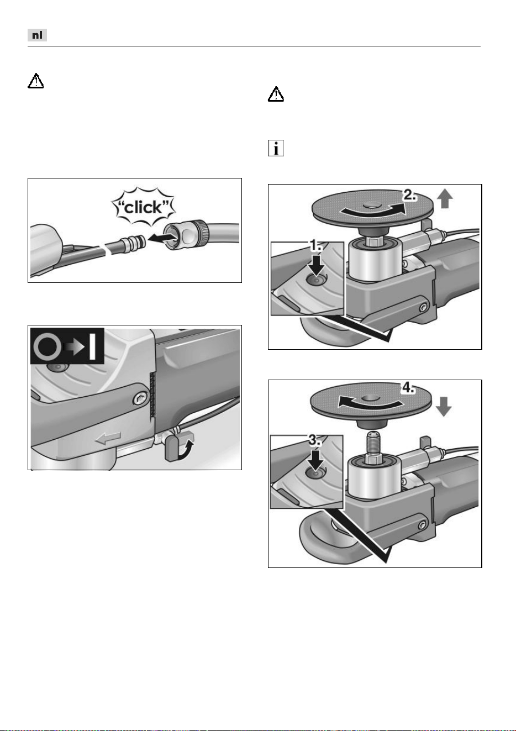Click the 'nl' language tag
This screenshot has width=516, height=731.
coord(37,35)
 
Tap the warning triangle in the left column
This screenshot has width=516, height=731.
coord(35,81)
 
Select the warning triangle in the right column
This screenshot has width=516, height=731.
coord(276,94)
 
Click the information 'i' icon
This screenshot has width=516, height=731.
coord(276,148)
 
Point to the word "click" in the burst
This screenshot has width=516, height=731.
coord(144,207)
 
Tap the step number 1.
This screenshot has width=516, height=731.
coord(315,245)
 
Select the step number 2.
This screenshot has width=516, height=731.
coord(410,195)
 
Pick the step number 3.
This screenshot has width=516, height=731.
coord(315,440)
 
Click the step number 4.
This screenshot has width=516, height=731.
coord(408,388)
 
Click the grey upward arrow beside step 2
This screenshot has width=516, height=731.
coord(444,198)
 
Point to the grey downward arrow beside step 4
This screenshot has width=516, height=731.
coord(444,407)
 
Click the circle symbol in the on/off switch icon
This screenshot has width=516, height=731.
coord(48,346)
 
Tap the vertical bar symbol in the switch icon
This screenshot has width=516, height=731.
coord(92,346)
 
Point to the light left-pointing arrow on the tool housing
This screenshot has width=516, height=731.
coord(108,438)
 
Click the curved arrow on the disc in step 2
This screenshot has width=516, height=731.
coord(372,210)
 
